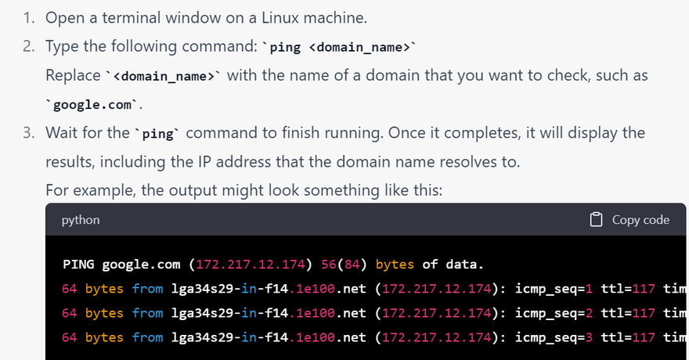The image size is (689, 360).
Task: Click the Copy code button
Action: click(x=629, y=219)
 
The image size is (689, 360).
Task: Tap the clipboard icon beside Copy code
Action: click(x=596, y=219)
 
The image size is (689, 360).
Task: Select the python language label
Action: click(x=81, y=220)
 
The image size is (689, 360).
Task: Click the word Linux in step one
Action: click(x=280, y=18)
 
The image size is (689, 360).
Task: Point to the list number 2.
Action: click(x=28, y=46)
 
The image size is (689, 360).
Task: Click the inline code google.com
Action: click(x=92, y=105)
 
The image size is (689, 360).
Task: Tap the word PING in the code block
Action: click(x=78, y=265)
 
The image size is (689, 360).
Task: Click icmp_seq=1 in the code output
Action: click(x=554, y=289)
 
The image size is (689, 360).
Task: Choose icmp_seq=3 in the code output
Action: click(x=554, y=337)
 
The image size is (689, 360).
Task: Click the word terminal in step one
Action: click(x=132, y=18)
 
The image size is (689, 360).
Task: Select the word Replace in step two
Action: click(x=73, y=75)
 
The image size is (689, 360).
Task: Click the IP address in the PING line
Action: click(x=251, y=265)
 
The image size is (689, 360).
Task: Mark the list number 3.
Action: click(x=28, y=132)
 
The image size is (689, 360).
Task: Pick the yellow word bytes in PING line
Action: click(x=395, y=265)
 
